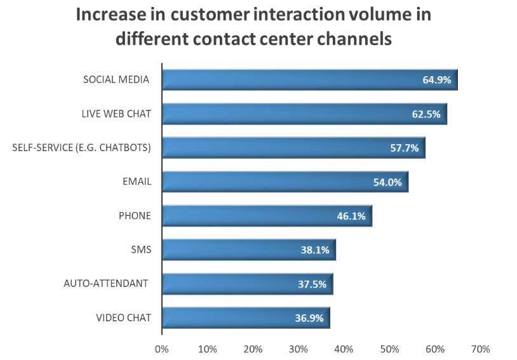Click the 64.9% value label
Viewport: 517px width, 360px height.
click(x=436, y=80)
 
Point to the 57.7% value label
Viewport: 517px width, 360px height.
click(x=404, y=149)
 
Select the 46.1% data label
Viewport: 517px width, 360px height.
click(x=351, y=217)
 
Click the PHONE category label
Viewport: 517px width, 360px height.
click(x=135, y=216)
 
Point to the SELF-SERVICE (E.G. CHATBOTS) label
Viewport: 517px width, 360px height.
click(x=82, y=148)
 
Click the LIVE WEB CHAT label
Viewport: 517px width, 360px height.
click(x=116, y=114)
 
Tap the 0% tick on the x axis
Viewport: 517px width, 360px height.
click(x=162, y=349)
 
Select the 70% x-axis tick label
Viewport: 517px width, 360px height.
click(x=480, y=349)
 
